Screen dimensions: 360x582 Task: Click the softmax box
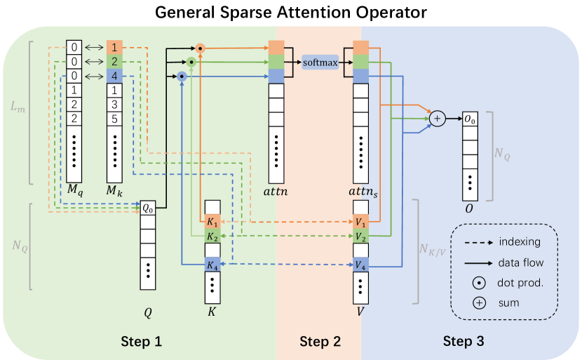pos(320,62)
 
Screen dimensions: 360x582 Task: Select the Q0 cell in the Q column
pos(147,208)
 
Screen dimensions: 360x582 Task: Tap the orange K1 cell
pos(212,222)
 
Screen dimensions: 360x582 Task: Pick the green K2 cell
pos(212,237)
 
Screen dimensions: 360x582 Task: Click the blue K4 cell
pos(212,265)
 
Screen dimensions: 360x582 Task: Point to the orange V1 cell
pos(360,222)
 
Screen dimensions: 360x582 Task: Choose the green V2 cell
pos(360,237)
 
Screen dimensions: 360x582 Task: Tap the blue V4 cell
pos(360,265)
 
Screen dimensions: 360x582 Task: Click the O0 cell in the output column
pos(470,120)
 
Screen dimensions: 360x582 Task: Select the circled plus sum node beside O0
pos(437,119)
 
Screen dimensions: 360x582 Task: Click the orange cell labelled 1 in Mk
pos(114,48)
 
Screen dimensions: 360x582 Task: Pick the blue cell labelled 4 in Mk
pos(114,76)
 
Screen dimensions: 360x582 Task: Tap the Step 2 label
pos(320,342)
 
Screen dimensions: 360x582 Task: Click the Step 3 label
pos(463,342)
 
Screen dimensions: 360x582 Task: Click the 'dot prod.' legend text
pos(521,284)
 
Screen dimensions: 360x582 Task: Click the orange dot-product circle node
pos(200,48)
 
